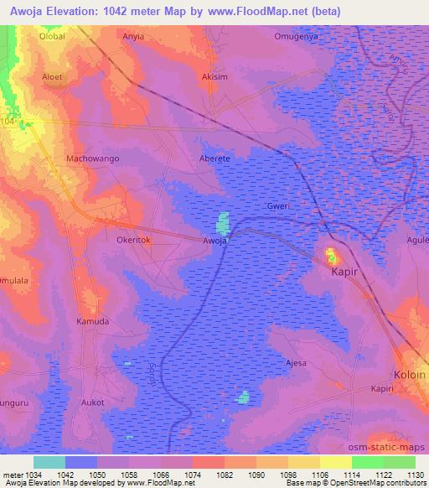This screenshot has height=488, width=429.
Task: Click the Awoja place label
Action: pos(215,241)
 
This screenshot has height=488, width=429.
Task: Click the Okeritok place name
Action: pos(132,240)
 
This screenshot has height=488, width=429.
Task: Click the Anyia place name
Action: pos(133,37)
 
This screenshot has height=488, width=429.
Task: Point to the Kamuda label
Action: pos(92,322)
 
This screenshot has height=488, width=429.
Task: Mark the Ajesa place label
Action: pos(297,363)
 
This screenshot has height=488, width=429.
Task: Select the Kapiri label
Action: pos(387,389)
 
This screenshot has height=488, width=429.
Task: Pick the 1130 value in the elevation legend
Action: pos(414,475)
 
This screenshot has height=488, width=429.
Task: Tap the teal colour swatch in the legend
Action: pos(49,462)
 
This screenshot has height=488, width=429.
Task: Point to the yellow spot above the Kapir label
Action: pos(331,252)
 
